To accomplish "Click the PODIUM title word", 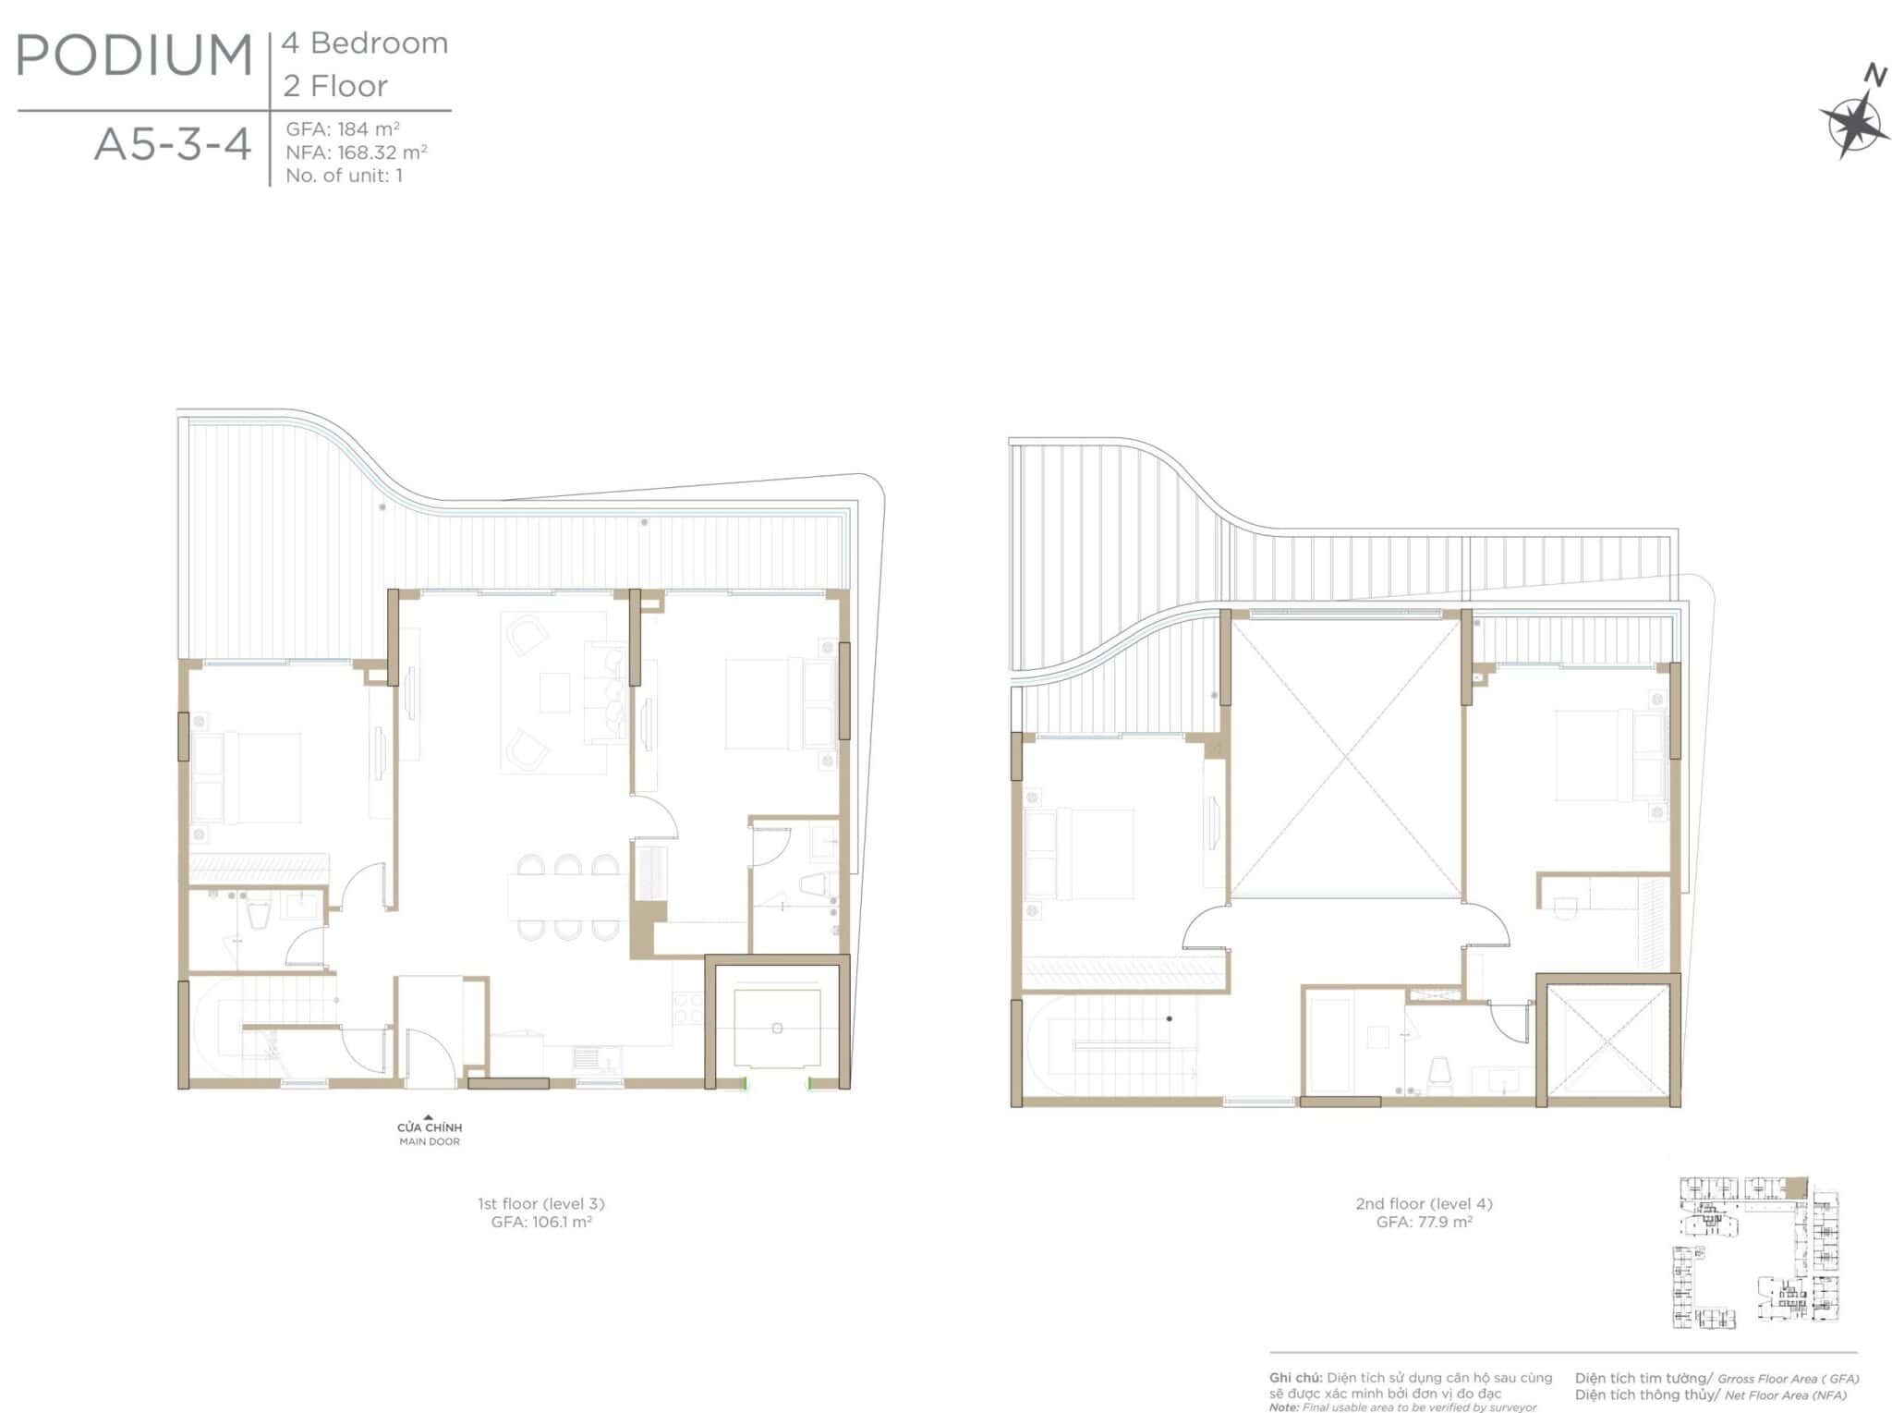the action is (x=135, y=55).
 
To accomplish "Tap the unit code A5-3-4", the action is (x=173, y=145).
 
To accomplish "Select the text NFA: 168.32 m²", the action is (x=357, y=152).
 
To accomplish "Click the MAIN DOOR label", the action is (x=430, y=1142).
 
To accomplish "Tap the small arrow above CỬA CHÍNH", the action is (x=429, y=1117).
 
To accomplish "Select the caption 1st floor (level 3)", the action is (x=541, y=1204).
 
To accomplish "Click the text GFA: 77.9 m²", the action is (x=1425, y=1222).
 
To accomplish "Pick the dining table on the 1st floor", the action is (x=564, y=896).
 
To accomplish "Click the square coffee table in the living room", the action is (x=555, y=692).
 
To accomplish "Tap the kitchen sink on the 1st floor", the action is (x=588, y=1057).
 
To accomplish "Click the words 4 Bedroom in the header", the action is (x=366, y=43).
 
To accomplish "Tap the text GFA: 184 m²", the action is (x=343, y=129).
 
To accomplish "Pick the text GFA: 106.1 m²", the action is (x=541, y=1222).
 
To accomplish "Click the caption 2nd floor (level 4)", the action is (x=1425, y=1204).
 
